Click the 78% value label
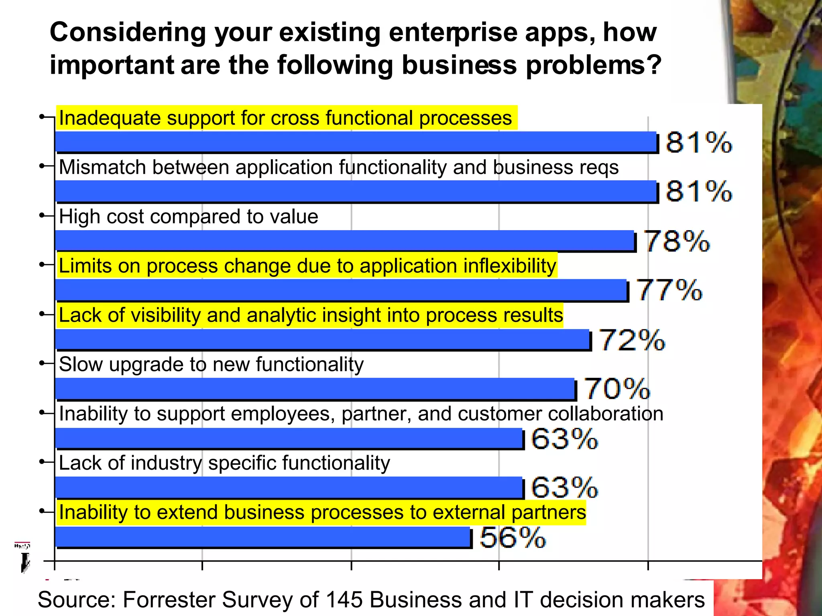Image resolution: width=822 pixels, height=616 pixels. coord(677,241)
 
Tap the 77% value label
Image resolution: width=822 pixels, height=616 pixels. coord(669,290)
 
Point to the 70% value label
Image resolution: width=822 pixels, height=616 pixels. coord(617,389)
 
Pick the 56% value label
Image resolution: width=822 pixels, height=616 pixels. coord(513,537)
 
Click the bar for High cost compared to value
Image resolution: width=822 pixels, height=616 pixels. coord(345,241)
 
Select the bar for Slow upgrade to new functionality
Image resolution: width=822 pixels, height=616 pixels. coord(315,389)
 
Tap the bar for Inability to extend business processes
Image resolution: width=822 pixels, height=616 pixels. coord(263,537)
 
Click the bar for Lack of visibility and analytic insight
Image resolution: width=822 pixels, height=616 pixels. coord(323,339)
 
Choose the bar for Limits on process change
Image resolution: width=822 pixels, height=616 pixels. coord(341,290)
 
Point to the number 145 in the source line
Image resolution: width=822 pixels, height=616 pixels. coord(344,600)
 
